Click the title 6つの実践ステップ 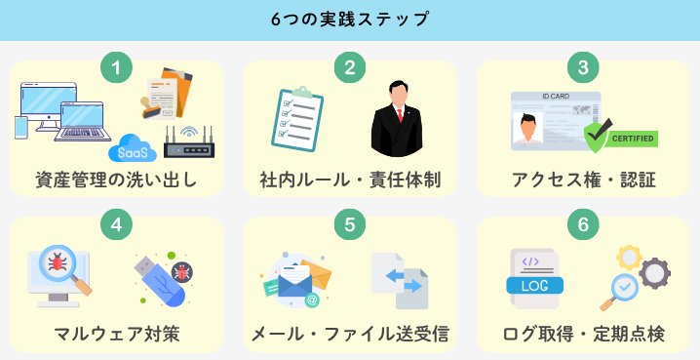pos(350,20)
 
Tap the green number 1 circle pos(116,67)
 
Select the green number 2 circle pos(350,67)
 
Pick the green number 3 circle pos(583,67)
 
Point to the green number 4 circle pos(116,223)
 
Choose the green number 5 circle pos(350,223)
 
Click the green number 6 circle pos(583,223)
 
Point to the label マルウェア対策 pos(116,335)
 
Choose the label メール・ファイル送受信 pos(350,335)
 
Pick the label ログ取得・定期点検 pos(583,335)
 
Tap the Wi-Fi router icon pos(188,144)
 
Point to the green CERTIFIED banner pos(632,139)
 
